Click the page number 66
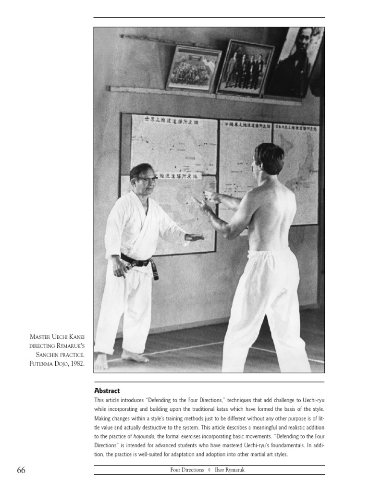[x=21, y=470]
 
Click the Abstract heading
[x=107, y=391]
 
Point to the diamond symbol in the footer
[x=209, y=470]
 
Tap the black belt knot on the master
[x=143, y=263]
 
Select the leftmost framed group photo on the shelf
[x=193, y=68]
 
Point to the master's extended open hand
[x=194, y=237]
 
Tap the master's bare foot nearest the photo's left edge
[x=101, y=361]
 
